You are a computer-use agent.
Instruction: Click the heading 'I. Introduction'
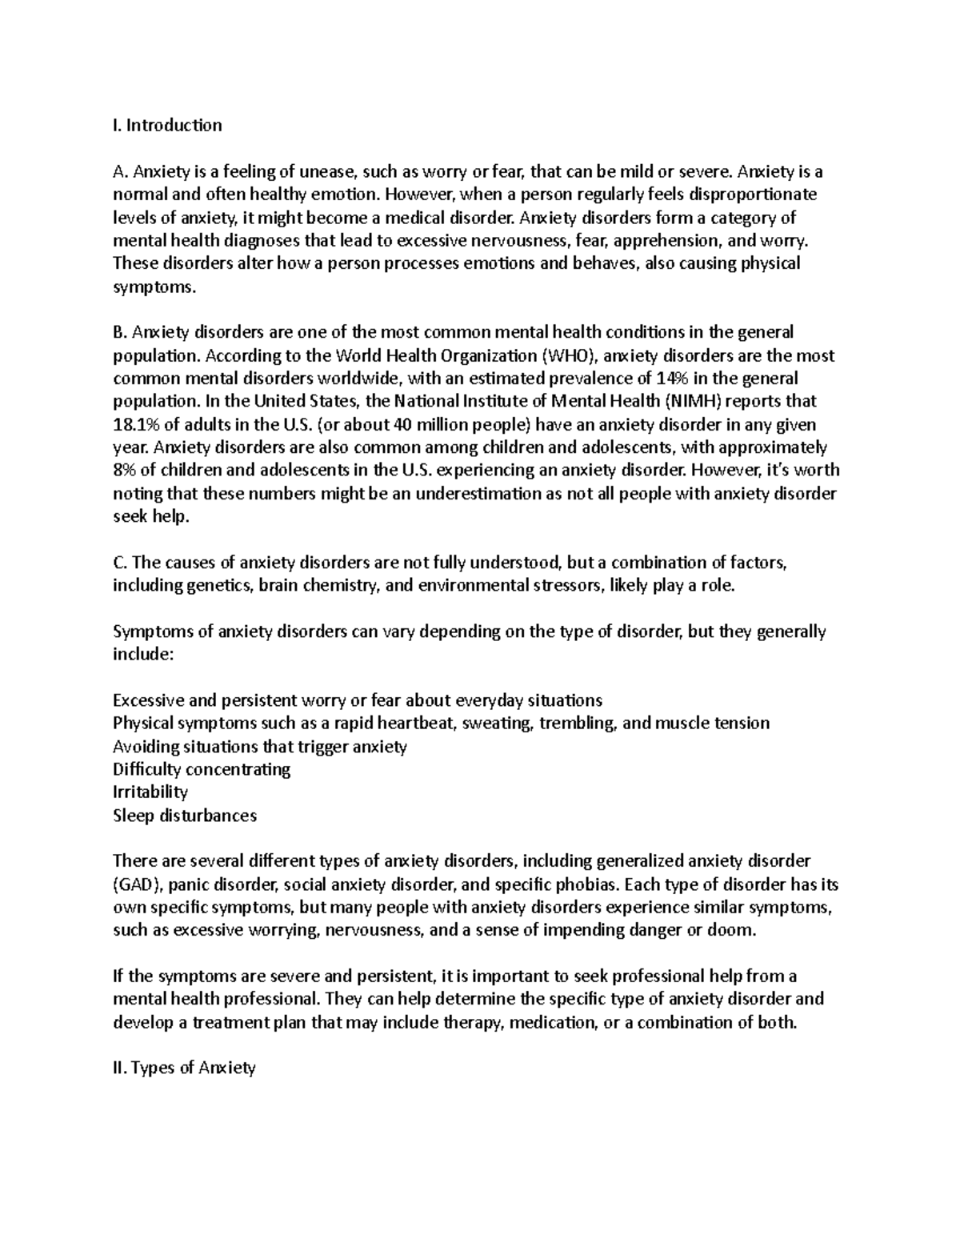click(x=167, y=125)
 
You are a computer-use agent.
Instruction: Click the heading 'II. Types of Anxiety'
click(x=185, y=1068)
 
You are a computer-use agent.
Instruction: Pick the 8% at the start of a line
click(x=125, y=470)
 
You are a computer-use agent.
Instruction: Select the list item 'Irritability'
click(x=150, y=792)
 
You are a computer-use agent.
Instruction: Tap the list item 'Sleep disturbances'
click(x=185, y=816)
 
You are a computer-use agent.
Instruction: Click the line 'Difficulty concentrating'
click(x=202, y=769)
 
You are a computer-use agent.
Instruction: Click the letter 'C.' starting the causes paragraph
click(x=120, y=563)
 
